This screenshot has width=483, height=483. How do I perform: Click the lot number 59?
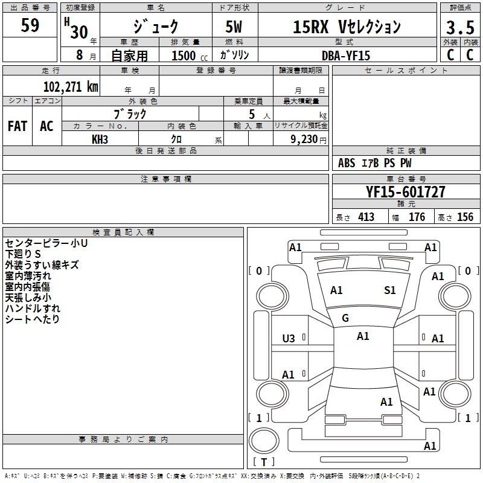pos(30,27)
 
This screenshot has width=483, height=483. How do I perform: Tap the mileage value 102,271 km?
pos(71,86)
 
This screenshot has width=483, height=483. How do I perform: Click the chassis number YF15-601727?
pos(406,192)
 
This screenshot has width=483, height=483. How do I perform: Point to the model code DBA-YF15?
pos(346,56)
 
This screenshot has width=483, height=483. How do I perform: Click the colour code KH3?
pos(100,139)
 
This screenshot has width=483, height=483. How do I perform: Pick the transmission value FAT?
pos(17,126)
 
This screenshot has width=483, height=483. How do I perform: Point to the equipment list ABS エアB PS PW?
pos(375,163)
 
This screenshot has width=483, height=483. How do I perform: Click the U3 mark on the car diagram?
pos(289,339)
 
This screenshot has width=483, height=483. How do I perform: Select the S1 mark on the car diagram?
pos(390,290)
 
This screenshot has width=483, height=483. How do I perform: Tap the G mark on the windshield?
pos(345,318)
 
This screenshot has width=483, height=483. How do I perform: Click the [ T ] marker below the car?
pos(263,462)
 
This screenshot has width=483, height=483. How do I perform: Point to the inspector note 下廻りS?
pos(23,254)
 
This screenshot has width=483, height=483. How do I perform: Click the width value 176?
pos(417,217)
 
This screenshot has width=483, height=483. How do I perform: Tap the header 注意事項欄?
pos(166,179)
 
